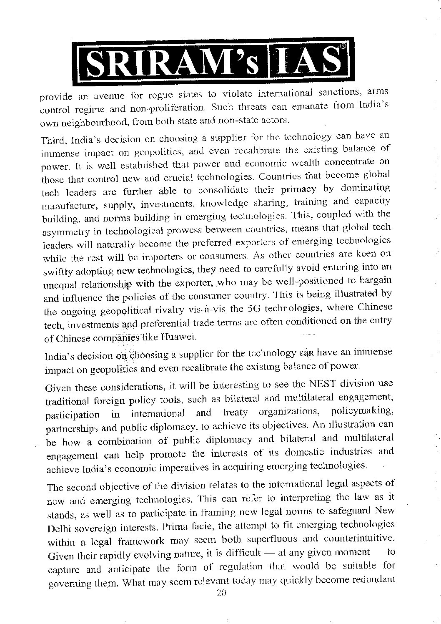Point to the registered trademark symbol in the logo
[342, 48]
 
